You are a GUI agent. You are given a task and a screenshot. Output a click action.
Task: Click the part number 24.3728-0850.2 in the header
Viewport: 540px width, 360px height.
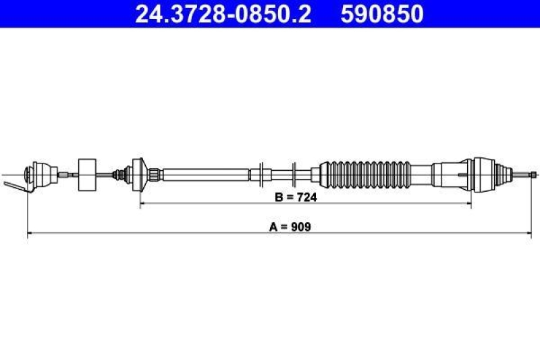pyautogui.click(x=223, y=14)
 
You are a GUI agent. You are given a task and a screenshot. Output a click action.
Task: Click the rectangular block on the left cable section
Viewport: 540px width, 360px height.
pyautogui.click(x=86, y=175)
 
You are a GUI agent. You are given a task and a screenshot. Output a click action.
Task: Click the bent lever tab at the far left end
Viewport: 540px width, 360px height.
pyautogui.click(x=15, y=186)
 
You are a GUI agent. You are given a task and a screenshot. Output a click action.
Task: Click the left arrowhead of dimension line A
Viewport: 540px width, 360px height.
pyautogui.click(x=29, y=234)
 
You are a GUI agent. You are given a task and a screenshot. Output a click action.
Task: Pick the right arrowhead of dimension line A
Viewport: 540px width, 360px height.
pyautogui.click(x=529, y=234)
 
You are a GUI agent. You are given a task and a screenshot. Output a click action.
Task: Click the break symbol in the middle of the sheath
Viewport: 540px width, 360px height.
pyautogui.click(x=277, y=174)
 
